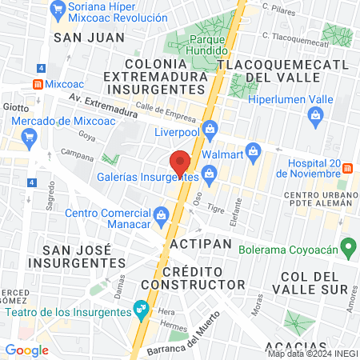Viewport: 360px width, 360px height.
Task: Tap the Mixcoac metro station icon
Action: click(38, 83)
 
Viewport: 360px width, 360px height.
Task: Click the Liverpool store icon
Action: click(210, 127)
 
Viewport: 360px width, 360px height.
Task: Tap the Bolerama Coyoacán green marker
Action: click(348, 246)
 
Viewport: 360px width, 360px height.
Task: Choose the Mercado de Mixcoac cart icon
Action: click(30, 135)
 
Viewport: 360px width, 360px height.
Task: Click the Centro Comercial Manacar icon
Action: click(162, 214)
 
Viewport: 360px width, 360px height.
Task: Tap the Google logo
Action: click(26, 350)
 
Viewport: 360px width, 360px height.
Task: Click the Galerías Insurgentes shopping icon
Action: click(210, 172)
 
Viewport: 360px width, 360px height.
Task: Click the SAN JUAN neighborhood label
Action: click(88, 37)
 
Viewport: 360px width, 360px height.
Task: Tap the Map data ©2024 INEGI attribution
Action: click(313, 354)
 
